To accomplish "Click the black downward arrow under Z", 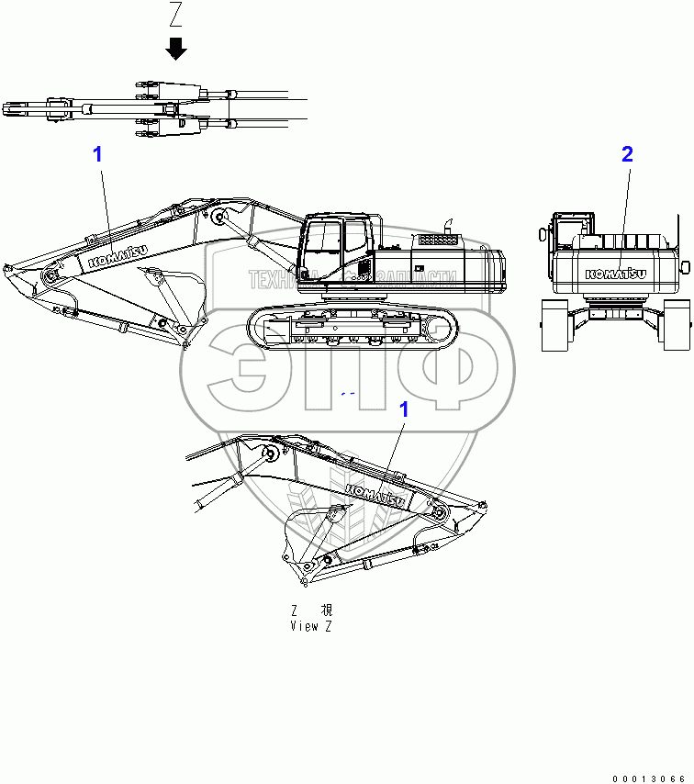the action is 176,48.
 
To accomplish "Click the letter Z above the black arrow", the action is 176,16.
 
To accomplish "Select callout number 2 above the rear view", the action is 627,154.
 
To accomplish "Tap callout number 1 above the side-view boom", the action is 97,154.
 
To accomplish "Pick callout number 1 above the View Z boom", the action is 402,410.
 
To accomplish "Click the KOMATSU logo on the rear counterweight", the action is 615,273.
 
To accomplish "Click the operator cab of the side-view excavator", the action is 335,244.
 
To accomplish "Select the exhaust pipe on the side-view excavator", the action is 449,225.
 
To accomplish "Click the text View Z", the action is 311,626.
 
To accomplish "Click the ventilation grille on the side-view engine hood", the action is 437,240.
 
